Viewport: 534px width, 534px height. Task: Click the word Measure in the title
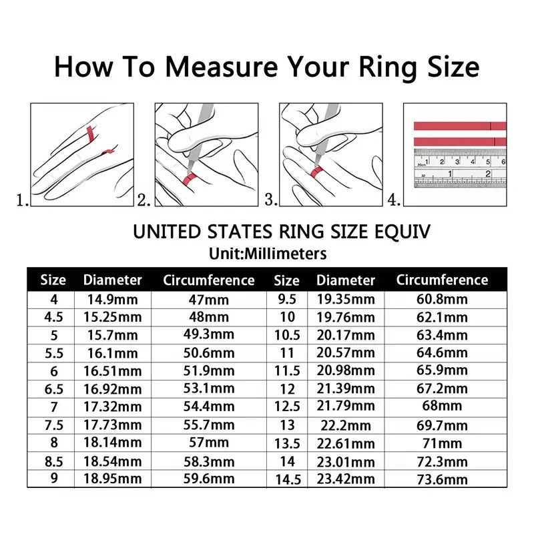click(x=222, y=67)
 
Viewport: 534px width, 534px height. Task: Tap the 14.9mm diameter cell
click(x=112, y=300)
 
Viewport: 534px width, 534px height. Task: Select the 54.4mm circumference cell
click(x=209, y=406)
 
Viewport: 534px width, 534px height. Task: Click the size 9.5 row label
click(x=287, y=300)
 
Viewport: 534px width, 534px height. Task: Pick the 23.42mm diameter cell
click(x=345, y=479)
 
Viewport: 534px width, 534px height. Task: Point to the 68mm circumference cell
click(x=442, y=406)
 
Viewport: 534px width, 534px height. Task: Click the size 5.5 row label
click(x=53, y=352)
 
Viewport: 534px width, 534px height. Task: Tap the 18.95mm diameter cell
click(x=112, y=479)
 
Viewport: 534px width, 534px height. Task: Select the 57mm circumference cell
click(x=209, y=442)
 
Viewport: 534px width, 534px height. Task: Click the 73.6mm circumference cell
click(x=442, y=479)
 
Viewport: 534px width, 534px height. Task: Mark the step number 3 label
click(x=271, y=199)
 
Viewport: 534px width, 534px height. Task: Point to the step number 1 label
click(x=22, y=199)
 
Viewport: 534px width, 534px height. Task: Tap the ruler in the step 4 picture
click(x=459, y=169)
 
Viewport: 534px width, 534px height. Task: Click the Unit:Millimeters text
click(x=268, y=254)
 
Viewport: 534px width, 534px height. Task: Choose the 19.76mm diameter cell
click(x=345, y=317)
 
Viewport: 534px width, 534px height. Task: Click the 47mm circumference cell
click(x=209, y=300)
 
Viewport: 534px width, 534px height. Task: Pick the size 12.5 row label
click(x=287, y=406)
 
